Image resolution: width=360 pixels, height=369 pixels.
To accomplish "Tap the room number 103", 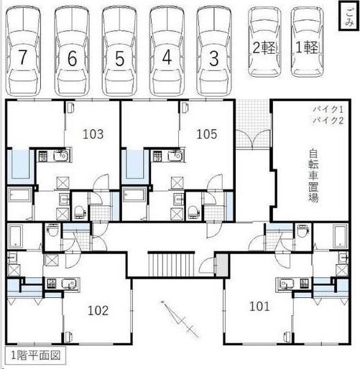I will (93, 134).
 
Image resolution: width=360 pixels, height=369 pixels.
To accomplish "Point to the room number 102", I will (98, 310).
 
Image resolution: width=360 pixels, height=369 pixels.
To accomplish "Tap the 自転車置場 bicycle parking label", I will (314, 175).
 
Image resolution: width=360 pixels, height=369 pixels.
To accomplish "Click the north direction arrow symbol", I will (180, 319).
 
